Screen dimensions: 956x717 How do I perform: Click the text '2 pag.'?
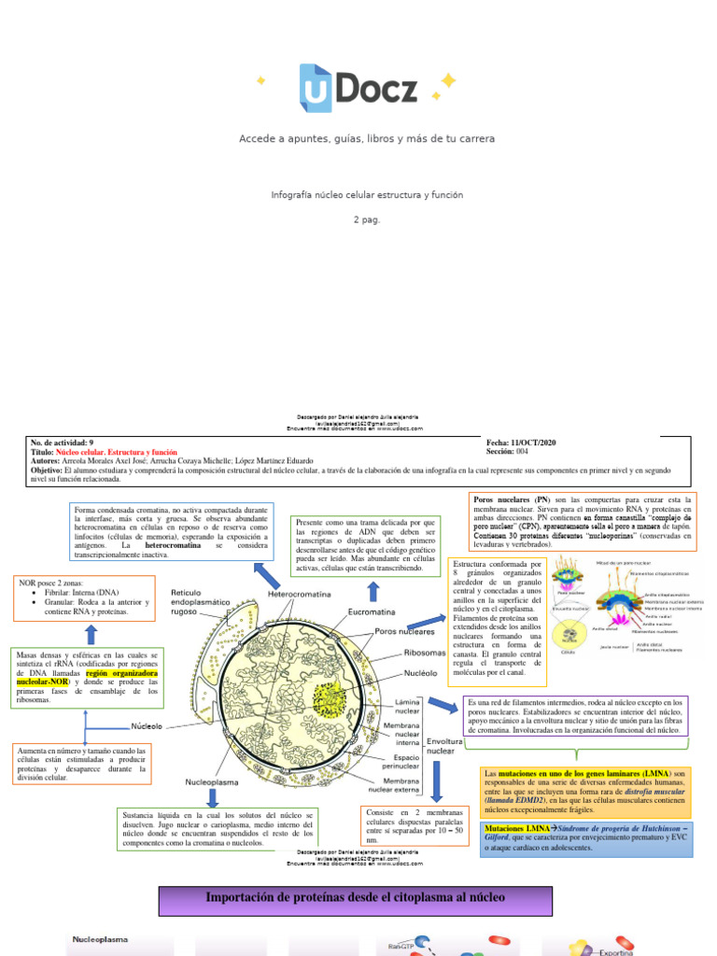click(366, 219)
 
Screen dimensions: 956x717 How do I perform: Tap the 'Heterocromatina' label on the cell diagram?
click(299, 593)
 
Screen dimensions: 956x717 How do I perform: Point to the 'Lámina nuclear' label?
click(408, 706)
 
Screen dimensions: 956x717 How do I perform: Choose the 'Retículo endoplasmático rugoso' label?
click(201, 603)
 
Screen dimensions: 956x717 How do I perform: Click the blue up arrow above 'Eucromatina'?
click(373, 591)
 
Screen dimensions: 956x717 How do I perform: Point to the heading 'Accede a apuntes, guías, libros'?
click(366, 138)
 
